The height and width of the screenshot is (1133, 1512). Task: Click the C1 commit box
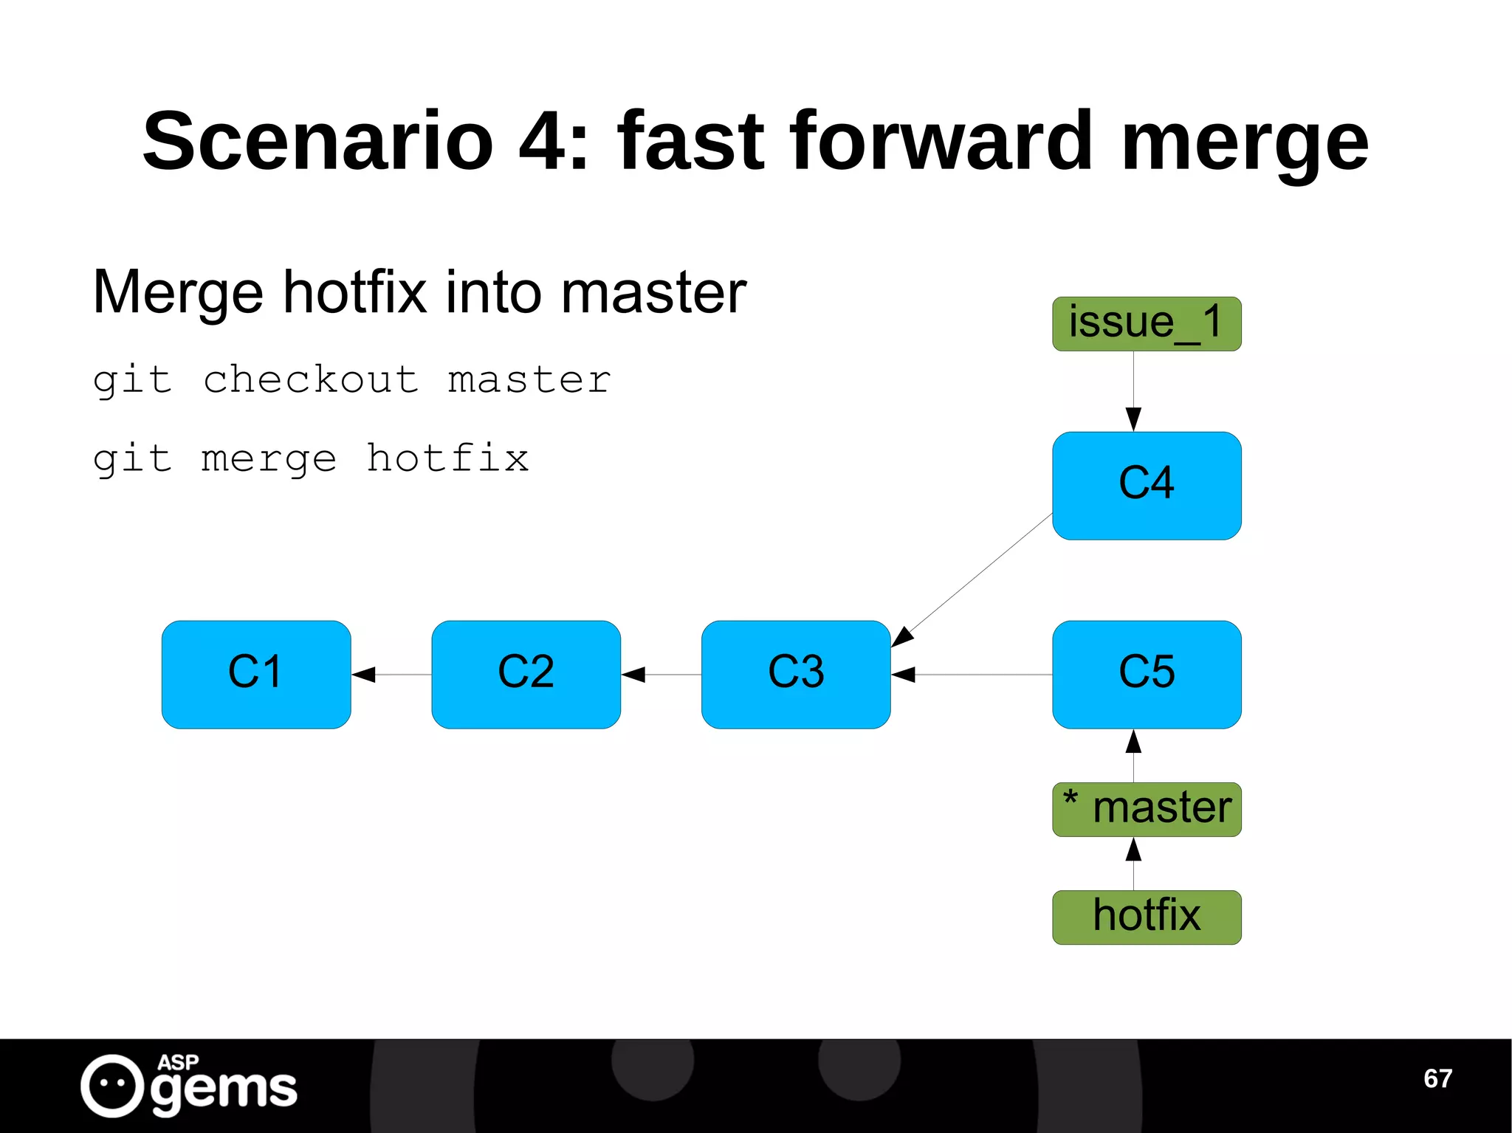point(255,674)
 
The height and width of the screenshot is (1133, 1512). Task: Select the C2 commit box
point(526,674)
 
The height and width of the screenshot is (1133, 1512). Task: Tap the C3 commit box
point(795,674)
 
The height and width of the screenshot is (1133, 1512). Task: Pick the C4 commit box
point(1146,485)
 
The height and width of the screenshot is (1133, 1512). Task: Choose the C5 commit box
point(1146,674)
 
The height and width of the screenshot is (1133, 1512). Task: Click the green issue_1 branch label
point(1146,323)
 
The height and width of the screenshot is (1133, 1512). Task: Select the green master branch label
point(1146,809)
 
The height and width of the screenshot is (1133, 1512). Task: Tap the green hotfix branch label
point(1146,917)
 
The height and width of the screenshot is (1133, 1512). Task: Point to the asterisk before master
point(1070,799)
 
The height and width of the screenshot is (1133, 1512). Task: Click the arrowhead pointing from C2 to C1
point(364,674)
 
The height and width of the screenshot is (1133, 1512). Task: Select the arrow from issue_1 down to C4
point(1133,391)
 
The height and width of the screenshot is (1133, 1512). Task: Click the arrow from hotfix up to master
point(1133,864)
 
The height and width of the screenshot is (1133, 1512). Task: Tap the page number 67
point(1437,1078)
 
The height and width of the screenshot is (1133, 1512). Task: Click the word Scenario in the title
point(317,140)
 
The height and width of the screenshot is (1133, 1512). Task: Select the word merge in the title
point(1245,140)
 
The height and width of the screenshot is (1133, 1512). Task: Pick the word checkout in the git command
point(311,380)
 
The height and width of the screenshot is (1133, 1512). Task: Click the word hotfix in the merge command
point(447,458)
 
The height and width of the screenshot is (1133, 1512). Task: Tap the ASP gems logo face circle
point(112,1085)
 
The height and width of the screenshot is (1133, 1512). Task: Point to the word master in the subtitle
point(653,292)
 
